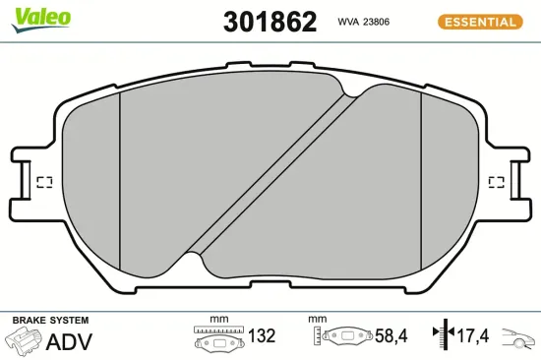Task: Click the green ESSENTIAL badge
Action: coord(478,21)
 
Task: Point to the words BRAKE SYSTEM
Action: coord(50,321)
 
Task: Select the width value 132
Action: coord(261,336)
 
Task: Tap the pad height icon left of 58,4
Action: coord(343,336)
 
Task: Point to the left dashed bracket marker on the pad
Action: coord(43,182)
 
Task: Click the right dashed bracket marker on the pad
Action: coord(497,182)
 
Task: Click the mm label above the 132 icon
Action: coord(218,320)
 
